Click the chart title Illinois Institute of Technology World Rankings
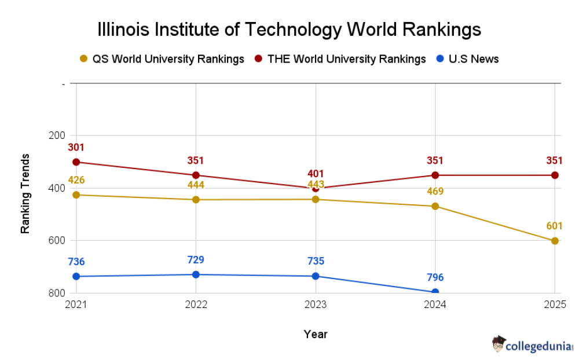289,29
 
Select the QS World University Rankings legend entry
162,59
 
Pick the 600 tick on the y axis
57,240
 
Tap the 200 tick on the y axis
57,135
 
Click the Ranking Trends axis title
25,193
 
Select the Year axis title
316,335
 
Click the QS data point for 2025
555,241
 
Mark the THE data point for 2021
76,162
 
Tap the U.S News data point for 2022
196,274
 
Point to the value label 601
554,226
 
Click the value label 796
435,278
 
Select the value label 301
76,148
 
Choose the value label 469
435,191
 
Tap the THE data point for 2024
435,175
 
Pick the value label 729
196,260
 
